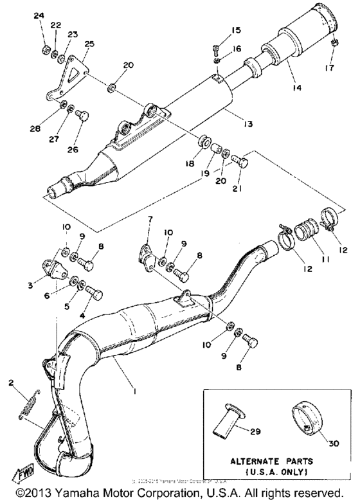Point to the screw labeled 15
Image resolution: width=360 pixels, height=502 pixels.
217,49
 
